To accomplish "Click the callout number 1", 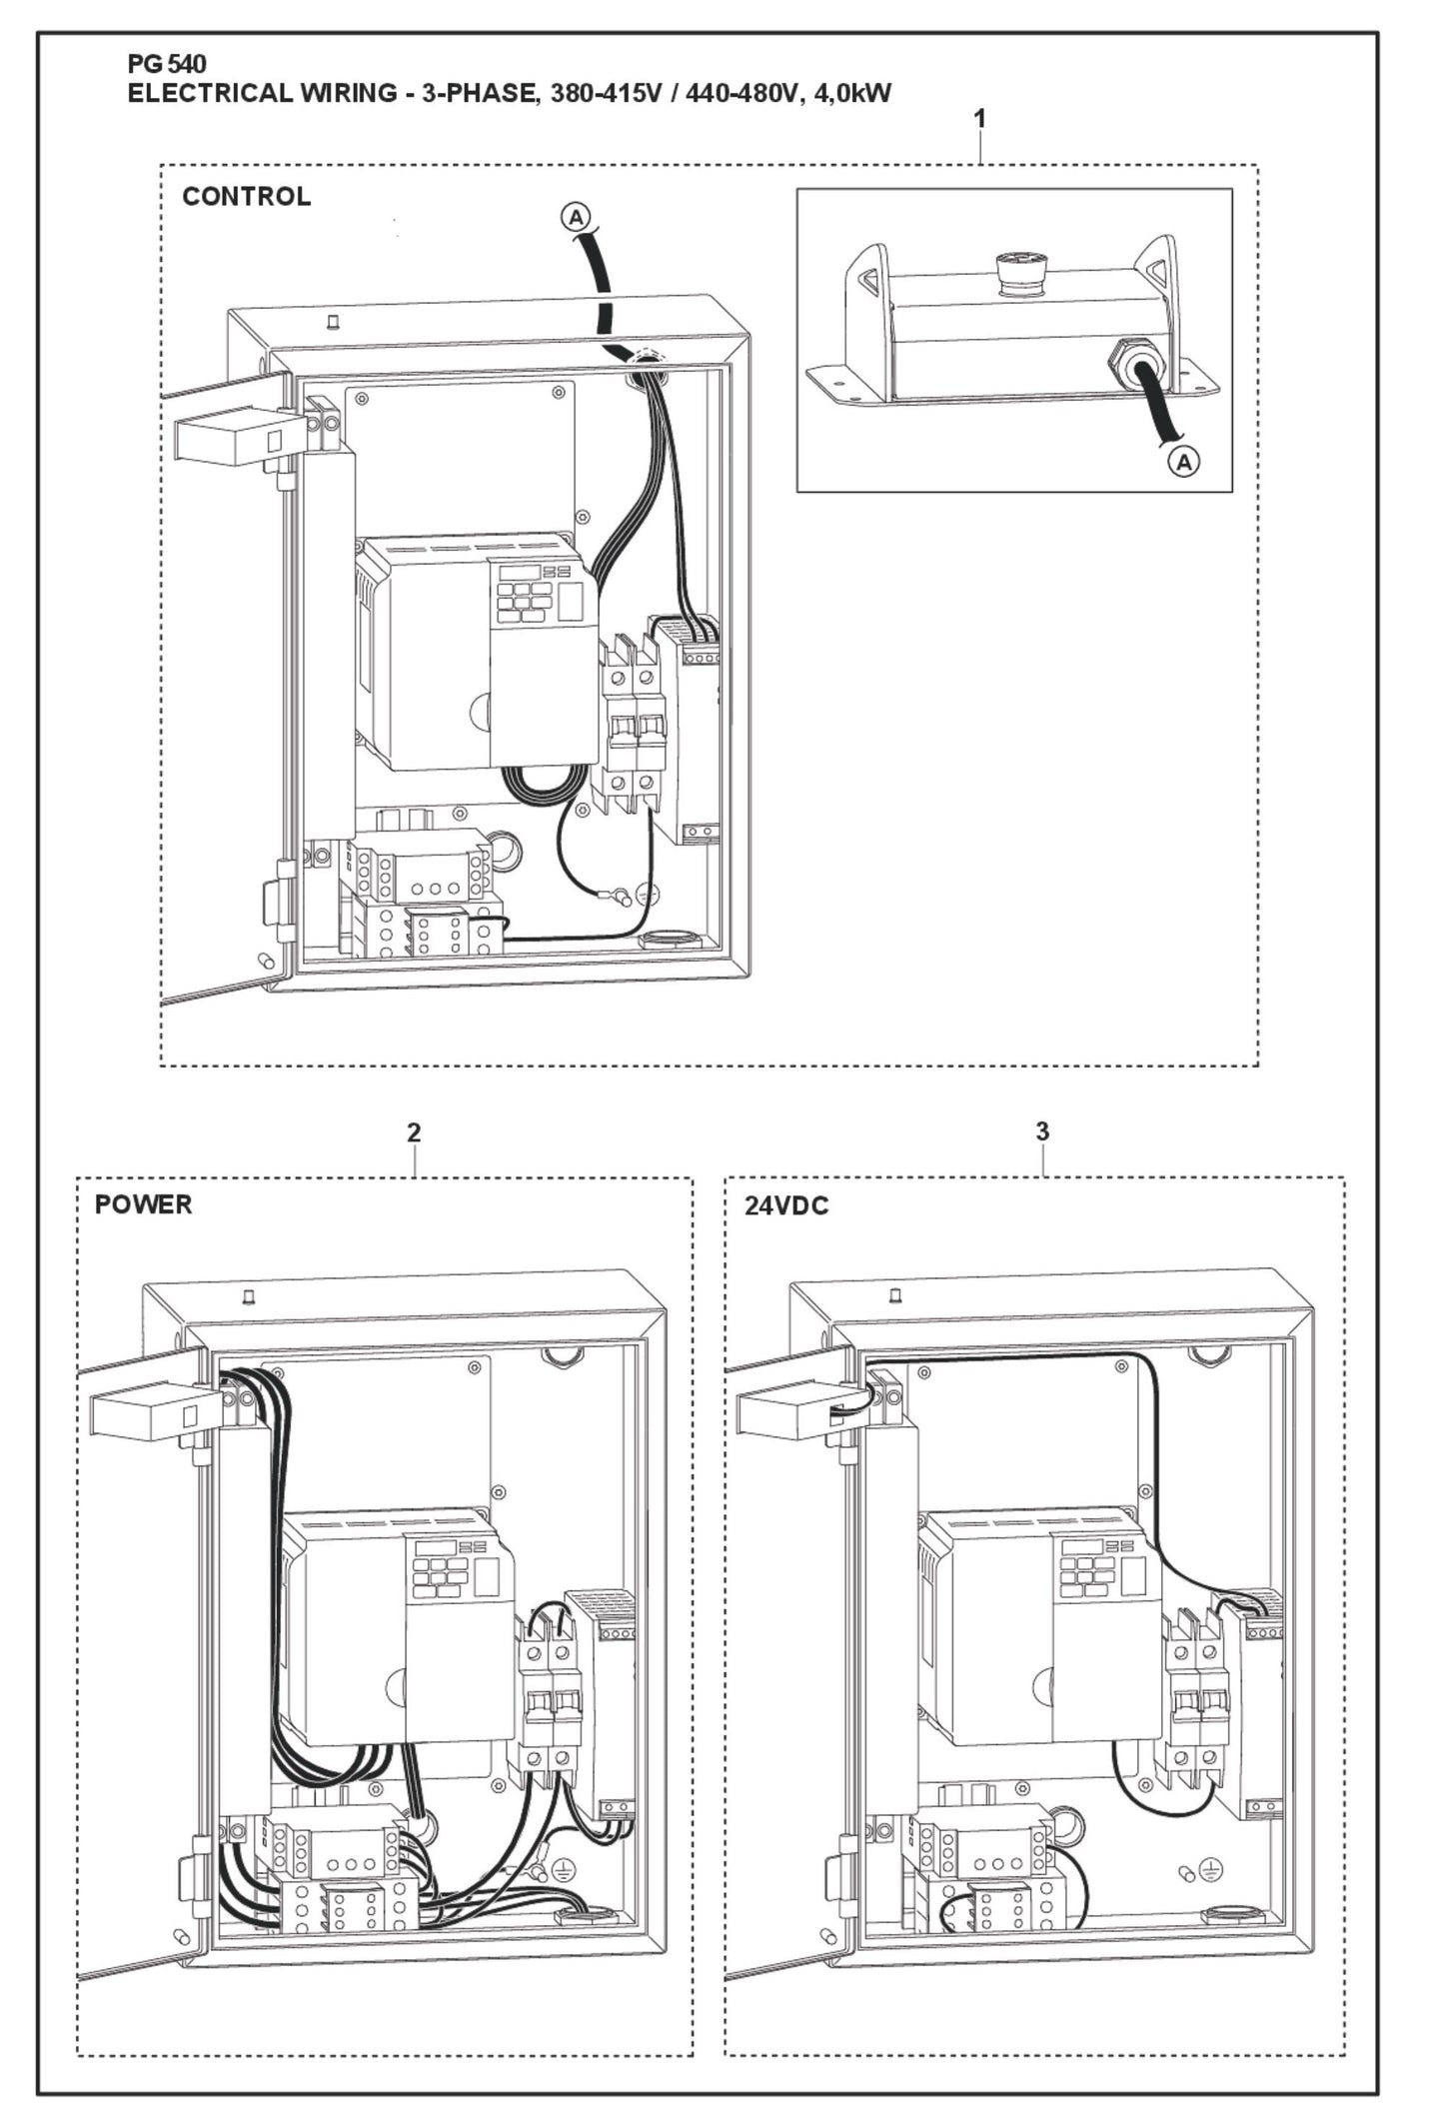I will (x=979, y=118).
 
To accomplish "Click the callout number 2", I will (x=414, y=1132).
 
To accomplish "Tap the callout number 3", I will (x=1042, y=1131).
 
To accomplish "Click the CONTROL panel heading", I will (x=246, y=196).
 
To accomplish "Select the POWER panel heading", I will (x=143, y=1204).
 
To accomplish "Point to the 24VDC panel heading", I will (x=786, y=1205).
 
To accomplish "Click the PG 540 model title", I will (x=167, y=65).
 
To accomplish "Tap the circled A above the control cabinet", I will (x=577, y=215).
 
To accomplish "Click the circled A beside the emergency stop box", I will (x=1184, y=462).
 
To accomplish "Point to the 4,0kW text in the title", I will (x=849, y=94).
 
